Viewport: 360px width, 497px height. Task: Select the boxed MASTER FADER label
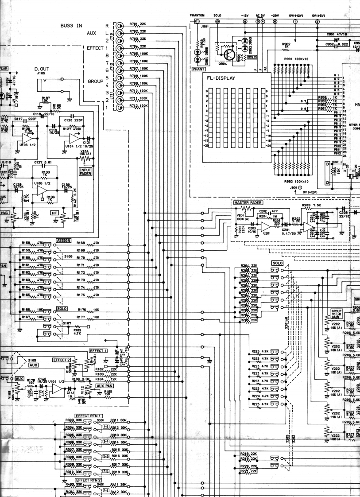point(245,202)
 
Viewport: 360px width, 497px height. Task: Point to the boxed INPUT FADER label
point(85,171)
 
